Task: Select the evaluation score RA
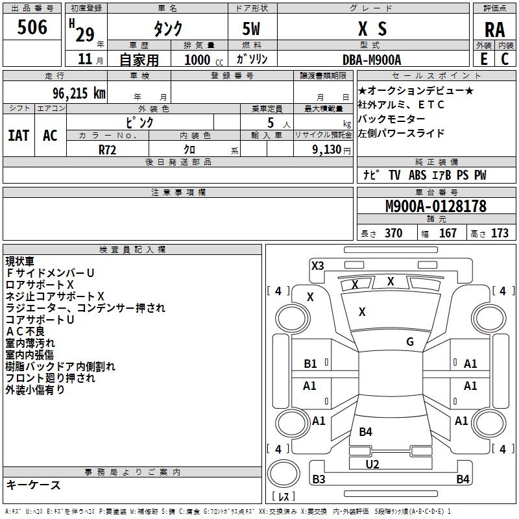(494, 30)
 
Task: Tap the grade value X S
(372, 29)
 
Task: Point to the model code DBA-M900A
(372, 60)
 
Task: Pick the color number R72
(108, 149)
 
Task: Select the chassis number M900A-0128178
(435, 206)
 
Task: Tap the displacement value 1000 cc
(204, 60)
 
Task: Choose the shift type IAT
(18, 135)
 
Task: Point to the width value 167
(448, 233)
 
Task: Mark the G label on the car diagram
(410, 342)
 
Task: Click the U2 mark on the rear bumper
(372, 464)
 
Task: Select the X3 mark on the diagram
(318, 265)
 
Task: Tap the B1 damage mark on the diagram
(311, 364)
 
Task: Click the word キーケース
(33, 485)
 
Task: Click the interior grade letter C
(505, 59)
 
